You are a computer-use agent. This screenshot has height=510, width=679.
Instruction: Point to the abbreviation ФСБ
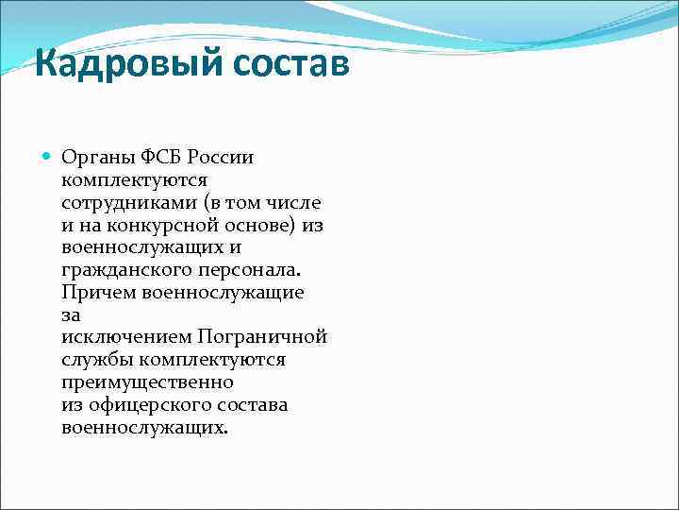(x=154, y=156)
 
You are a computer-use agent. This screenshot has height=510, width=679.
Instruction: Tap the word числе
(x=293, y=201)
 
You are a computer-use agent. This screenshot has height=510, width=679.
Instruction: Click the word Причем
(x=97, y=292)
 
